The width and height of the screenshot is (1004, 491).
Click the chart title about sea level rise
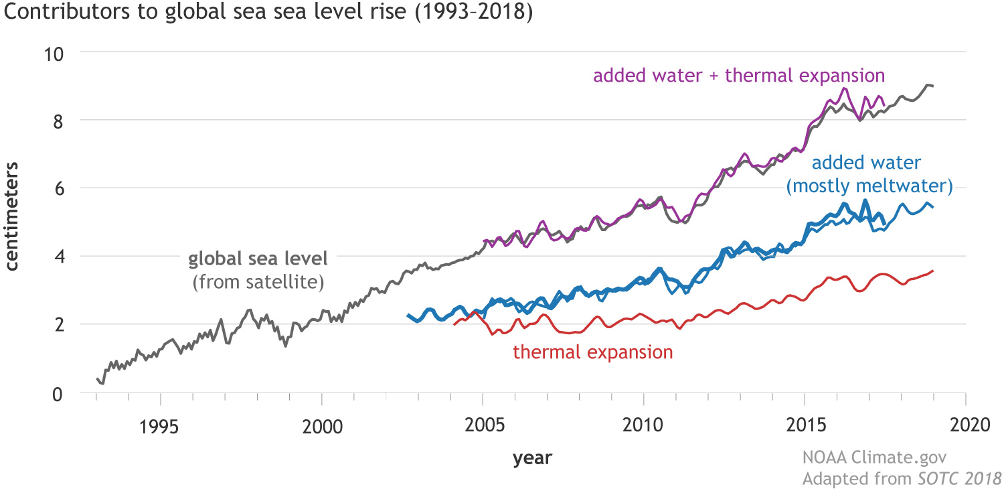pyautogui.click(x=268, y=13)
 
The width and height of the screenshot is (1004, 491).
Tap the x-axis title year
pyautogui.click(x=532, y=459)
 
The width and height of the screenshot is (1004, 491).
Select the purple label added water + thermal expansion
pyautogui.click(x=739, y=75)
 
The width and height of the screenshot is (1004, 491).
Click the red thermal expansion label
pyautogui.click(x=592, y=352)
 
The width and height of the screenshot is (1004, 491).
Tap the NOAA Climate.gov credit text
pyautogui.click(x=874, y=458)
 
